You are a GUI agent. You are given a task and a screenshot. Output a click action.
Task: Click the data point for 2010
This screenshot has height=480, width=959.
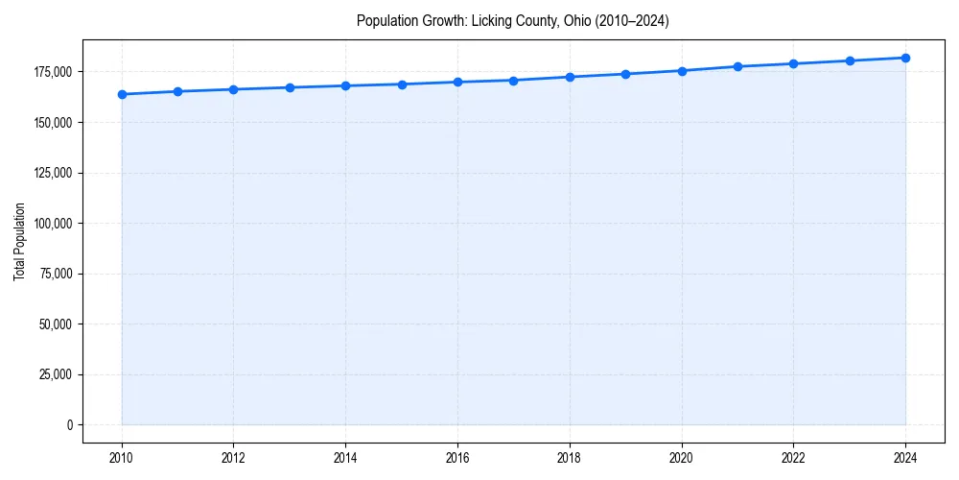pyautogui.click(x=122, y=94)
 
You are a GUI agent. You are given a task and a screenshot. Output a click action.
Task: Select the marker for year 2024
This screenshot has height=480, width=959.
pyautogui.click(x=905, y=58)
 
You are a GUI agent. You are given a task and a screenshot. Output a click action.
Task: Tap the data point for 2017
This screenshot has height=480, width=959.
pyautogui.click(x=514, y=81)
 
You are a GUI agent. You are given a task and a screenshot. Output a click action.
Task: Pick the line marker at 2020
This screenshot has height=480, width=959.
pyautogui.click(x=682, y=71)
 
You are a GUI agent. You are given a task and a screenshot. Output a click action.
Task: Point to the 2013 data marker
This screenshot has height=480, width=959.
pyautogui.click(x=290, y=87)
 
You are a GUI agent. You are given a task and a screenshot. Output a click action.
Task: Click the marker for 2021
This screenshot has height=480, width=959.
pyautogui.click(x=737, y=66)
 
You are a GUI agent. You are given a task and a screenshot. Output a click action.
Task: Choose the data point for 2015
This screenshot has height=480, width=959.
pyautogui.click(x=402, y=84)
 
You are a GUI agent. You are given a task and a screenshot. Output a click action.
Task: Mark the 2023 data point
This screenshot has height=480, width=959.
pyautogui.click(x=850, y=60)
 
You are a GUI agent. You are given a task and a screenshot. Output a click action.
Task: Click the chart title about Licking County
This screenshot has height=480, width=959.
pyautogui.click(x=512, y=20)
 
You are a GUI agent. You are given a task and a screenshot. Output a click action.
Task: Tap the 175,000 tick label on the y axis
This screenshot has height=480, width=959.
pyautogui.click(x=53, y=72)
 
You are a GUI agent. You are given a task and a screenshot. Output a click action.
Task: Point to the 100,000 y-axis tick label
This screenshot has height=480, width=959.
pyautogui.click(x=53, y=224)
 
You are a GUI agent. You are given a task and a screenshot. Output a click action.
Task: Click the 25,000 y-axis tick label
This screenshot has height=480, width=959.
pyautogui.click(x=56, y=374)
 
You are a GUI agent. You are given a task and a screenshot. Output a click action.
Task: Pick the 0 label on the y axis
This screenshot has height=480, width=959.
pyautogui.click(x=69, y=424)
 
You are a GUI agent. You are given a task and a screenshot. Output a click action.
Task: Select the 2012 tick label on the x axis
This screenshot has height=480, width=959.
pyautogui.click(x=234, y=457)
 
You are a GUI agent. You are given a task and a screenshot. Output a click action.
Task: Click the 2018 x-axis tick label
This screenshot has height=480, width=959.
pyautogui.click(x=570, y=457)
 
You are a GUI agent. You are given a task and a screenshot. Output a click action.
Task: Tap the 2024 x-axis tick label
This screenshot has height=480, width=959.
pyautogui.click(x=905, y=457)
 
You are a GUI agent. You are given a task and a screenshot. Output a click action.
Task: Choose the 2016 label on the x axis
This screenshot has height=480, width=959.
pyautogui.click(x=457, y=457)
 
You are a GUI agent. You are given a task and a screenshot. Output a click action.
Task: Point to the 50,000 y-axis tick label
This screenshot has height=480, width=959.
pyautogui.click(x=56, y=324)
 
